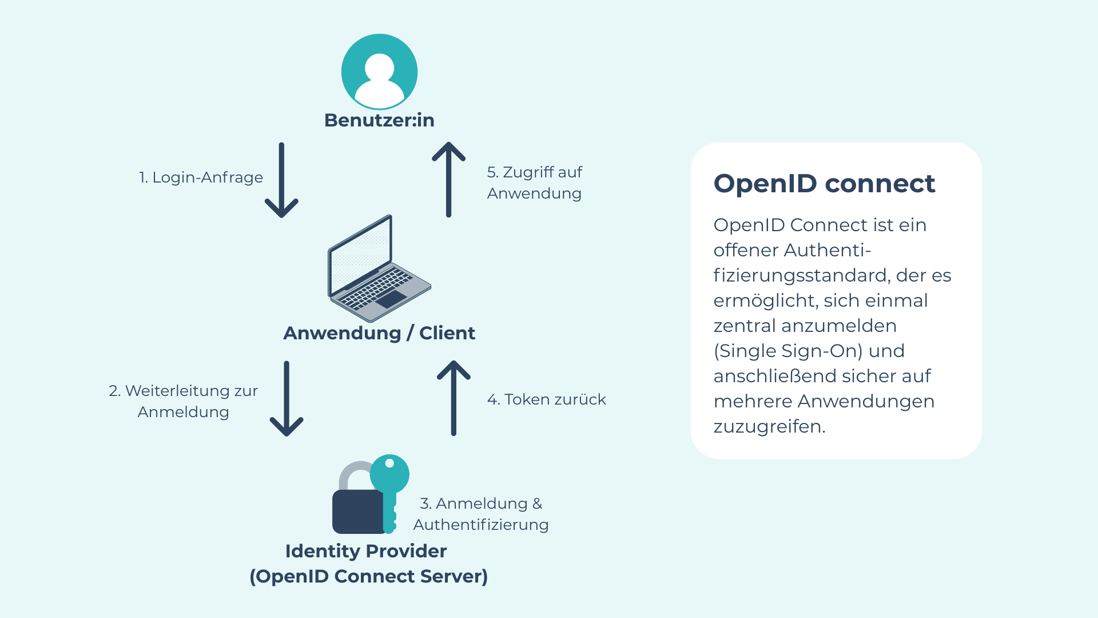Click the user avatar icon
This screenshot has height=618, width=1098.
[x=379, y=72]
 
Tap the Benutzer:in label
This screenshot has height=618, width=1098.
[x=379, y=120]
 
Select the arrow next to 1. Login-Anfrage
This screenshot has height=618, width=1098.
[x=281, y=180]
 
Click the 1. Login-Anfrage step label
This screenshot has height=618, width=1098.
[x=201, y=177]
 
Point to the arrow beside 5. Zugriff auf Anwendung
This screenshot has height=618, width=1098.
[x=448, y=180]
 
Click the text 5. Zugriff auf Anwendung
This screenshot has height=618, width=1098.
[x=534, y=183]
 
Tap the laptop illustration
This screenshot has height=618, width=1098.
[x=378, y=269]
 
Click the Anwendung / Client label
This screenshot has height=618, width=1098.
[x=379, y=333]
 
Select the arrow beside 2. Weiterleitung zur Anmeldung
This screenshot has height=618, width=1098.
[x=287, y=399]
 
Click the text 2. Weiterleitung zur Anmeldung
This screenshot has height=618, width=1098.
[x=184, y=401]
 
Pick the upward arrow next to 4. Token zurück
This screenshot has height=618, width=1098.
[x=453, y=398]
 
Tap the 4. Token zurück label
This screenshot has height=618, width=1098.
[x=546, y=399]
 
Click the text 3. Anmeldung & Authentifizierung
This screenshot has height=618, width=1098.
[x=481, y=514]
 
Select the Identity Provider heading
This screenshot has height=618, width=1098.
[x=366, y=551]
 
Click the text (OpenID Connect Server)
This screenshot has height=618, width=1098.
[x=369, y=576]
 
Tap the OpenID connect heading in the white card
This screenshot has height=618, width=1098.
[x=824, y=184]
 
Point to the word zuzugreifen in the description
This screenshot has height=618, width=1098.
[x=769, y=426]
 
